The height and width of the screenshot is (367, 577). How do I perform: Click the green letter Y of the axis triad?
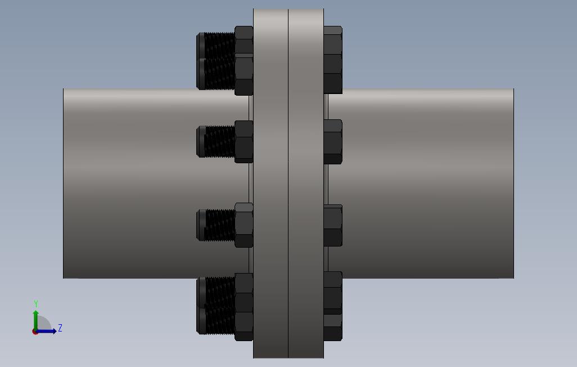pyautogui.click(x=36, y=303)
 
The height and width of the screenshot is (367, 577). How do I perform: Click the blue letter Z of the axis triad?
pyautogui.click(x=60, y=328)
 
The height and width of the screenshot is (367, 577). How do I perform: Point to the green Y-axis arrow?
pyautogui.click(x=35, y=320)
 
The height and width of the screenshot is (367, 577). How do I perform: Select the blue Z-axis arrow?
pyautogui.click(x=46, y=331)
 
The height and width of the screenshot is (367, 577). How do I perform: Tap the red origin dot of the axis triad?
pyautogui.click(x=35, y=332)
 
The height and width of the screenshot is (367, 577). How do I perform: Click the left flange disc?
pyautogui.click(x=271, y=183)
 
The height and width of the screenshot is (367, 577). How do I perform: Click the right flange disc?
pyautogui.click(x=306, y=183)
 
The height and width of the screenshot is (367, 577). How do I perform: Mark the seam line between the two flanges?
pyautogui.click(x=288, y=183)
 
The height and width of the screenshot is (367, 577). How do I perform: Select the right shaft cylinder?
pyautogui.click(x=419, y=183)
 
